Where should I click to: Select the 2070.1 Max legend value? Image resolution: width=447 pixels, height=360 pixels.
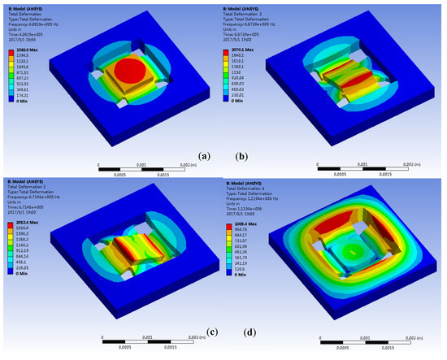(x=244, y=50)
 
